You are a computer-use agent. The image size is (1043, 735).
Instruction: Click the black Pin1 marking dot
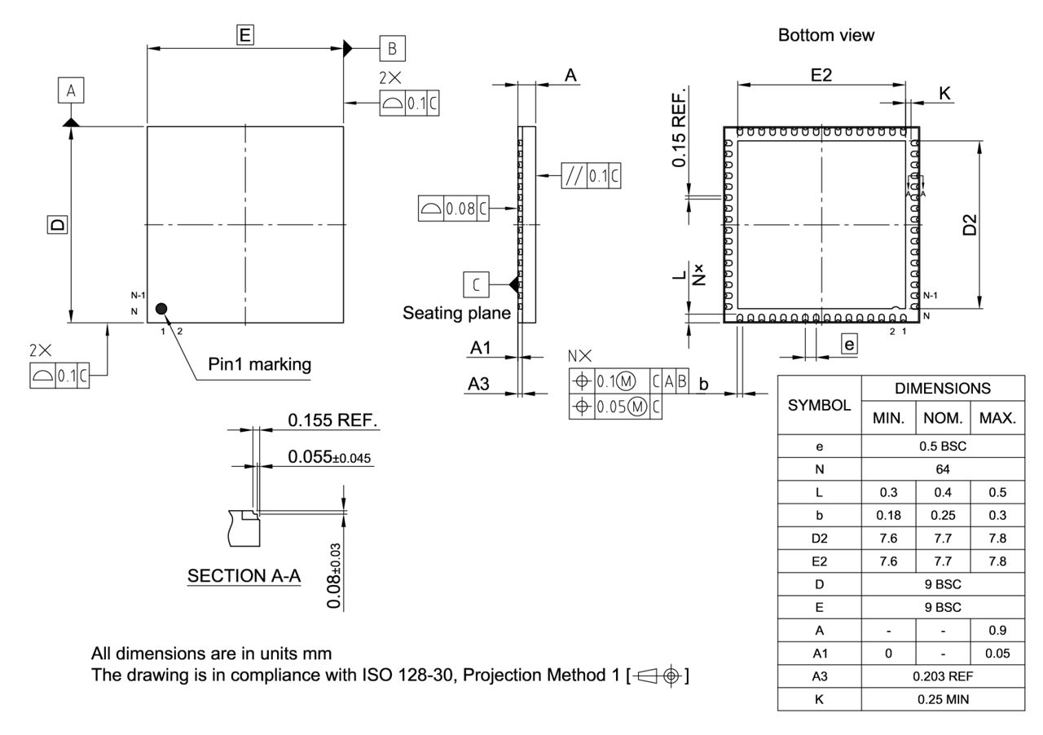pos(161,308)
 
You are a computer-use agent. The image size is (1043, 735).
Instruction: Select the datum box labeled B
pos(392,49)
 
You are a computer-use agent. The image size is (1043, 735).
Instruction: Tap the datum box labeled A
pos(71,90)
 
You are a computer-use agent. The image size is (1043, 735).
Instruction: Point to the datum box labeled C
pos(477,284)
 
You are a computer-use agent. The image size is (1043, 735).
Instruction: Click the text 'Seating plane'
pos(456,313)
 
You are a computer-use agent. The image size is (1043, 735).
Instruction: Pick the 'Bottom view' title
pos(825,35)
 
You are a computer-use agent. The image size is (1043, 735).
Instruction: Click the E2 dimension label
pos(821,75)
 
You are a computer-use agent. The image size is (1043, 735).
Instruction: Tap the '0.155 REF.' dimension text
pos(334,420)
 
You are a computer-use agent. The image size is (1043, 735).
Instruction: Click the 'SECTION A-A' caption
pos(244,576)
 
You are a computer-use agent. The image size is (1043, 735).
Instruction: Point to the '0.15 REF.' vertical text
pos(679,127)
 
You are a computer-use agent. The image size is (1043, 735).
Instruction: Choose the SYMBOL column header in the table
pos(819,405)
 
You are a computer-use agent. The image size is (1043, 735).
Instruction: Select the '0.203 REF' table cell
pos(942,676)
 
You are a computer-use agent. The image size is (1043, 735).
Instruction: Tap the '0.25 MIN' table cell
pos(942,699)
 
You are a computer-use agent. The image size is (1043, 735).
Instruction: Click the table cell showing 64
pos(942,469)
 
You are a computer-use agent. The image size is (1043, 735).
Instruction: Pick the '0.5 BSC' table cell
pos(942,447)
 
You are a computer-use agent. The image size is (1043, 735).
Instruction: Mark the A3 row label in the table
pos(819,676)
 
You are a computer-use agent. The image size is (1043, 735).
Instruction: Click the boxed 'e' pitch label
pos(849,345)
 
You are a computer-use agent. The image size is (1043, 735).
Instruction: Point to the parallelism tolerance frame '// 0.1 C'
pos(591,177)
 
